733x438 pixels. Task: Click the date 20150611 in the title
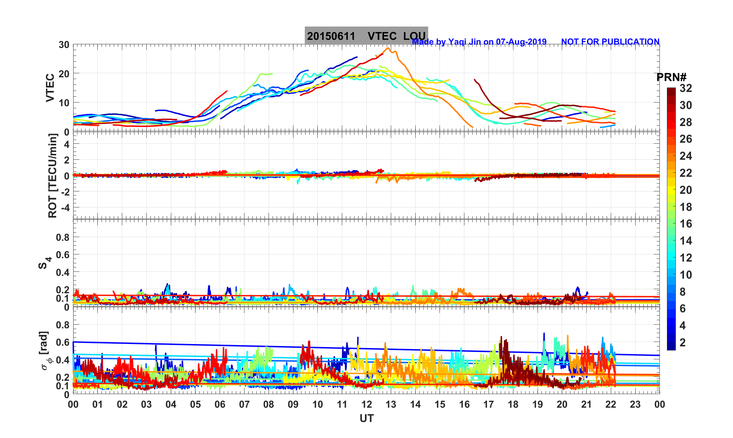coord(331,36)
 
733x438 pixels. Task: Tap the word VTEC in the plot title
coord(382,36)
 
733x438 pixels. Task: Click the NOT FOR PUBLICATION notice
coord(610,42)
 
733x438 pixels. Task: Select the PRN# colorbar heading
coord(671,78)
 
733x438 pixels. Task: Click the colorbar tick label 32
coord(686,89)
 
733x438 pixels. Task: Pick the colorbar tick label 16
coord(686,224)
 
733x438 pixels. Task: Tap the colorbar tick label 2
coord(683,342)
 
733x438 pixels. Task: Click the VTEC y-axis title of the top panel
coord(50,88)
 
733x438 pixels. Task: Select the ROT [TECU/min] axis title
coord(53,176)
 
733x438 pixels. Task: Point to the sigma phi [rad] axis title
coord(45,351)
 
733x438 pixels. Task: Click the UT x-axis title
coord(367,419)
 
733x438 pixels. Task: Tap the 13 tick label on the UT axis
coord(391,405)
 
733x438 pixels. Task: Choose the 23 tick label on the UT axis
coord(635,405)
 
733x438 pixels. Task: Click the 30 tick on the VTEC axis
coord(64,45)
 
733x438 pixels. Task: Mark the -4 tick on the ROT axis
coord(65,207)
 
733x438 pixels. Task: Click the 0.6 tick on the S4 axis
coord(63,254)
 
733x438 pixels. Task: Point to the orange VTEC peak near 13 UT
coord(388,48)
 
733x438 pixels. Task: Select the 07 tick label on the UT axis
coord(244,405)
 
